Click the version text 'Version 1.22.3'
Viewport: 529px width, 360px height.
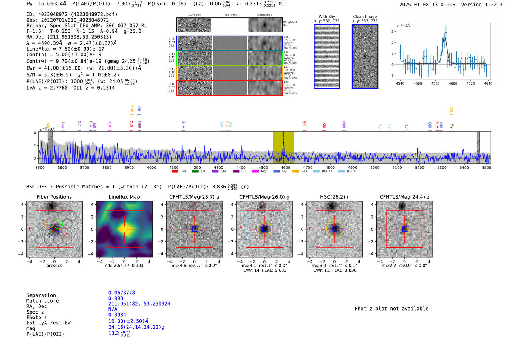(482, 5)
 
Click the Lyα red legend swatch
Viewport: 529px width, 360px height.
(175, 172)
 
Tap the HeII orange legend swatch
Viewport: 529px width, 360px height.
(295, 172)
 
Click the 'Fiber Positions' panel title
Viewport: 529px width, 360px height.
(54, 197)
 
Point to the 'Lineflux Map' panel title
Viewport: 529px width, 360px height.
(124, 197)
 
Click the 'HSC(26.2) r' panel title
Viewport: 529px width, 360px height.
(334, 197)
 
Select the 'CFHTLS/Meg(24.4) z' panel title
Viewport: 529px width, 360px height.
(404, 197)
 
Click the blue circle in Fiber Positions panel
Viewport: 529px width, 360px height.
(54, 232)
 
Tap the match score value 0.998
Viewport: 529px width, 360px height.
(116, 298)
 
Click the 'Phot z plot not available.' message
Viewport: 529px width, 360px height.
(393, 309)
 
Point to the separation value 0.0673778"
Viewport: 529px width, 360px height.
(123, 293)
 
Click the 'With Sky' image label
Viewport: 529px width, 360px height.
(327, 17)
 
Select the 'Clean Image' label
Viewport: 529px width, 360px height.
(365, 17)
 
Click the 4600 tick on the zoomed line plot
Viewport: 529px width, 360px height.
(453, 83)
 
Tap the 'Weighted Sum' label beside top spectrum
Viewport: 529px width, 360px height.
(289, 24)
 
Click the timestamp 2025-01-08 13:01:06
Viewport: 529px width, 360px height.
(427, 5)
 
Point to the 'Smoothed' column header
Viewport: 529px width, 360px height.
(264, 15)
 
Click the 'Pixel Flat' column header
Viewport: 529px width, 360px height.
(230, 15)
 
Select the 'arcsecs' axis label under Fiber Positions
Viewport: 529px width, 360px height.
(54, 266)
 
